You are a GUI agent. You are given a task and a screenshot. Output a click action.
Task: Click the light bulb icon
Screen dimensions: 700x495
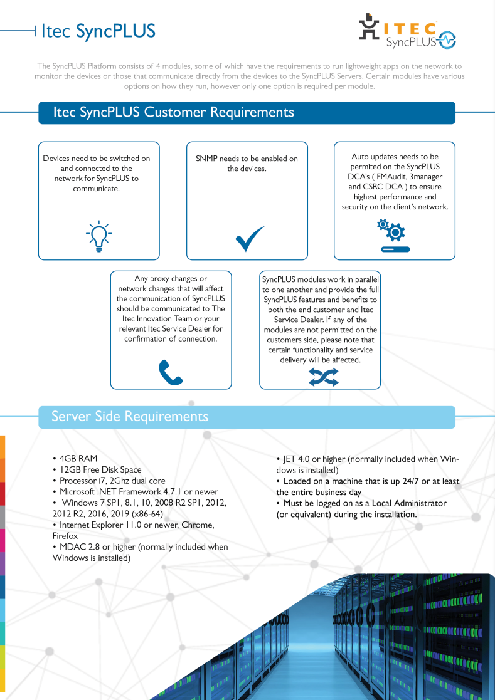[x=98, y=236]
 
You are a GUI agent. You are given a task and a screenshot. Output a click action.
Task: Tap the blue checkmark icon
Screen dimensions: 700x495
[x=249, y=239]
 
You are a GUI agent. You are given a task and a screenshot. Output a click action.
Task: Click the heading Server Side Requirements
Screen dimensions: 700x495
[x=130, y=417]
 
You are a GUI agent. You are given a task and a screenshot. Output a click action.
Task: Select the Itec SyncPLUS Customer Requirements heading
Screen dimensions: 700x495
[x=173, y=113]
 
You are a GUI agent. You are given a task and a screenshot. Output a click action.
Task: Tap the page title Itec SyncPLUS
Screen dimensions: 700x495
[x=98, y=31]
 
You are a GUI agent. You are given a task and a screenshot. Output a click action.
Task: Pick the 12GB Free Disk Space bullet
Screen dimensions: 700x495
[x=100, y=469]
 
